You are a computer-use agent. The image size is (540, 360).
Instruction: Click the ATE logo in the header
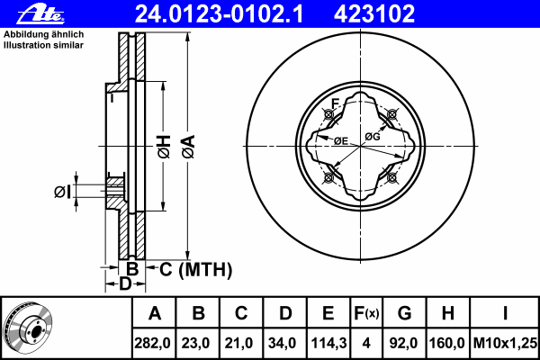point(41,14)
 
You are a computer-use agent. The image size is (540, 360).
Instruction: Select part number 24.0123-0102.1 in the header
point(219,13)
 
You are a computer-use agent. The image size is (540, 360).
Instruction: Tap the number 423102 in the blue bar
point(374,13)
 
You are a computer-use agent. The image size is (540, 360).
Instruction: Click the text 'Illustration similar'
point(43,45)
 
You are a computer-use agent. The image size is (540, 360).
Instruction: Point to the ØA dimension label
point(189,147)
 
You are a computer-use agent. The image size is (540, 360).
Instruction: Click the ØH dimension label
point(165,147)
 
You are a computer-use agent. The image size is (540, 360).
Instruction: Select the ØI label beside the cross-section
point(62,192)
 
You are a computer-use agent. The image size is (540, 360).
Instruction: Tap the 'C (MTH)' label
point(195,269)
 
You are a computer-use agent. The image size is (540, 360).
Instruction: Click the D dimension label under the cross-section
point(125,283)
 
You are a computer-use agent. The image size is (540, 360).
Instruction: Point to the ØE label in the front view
point(341,140)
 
